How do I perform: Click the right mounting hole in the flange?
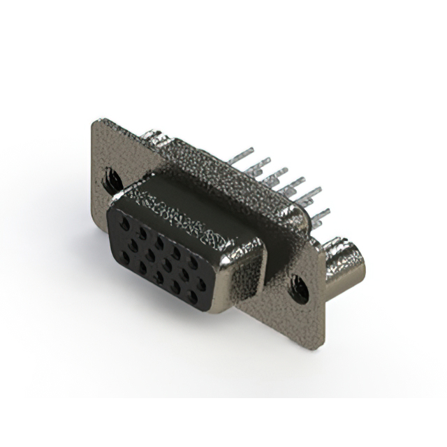tap(299, 288)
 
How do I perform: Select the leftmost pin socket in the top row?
tap(125, 222)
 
